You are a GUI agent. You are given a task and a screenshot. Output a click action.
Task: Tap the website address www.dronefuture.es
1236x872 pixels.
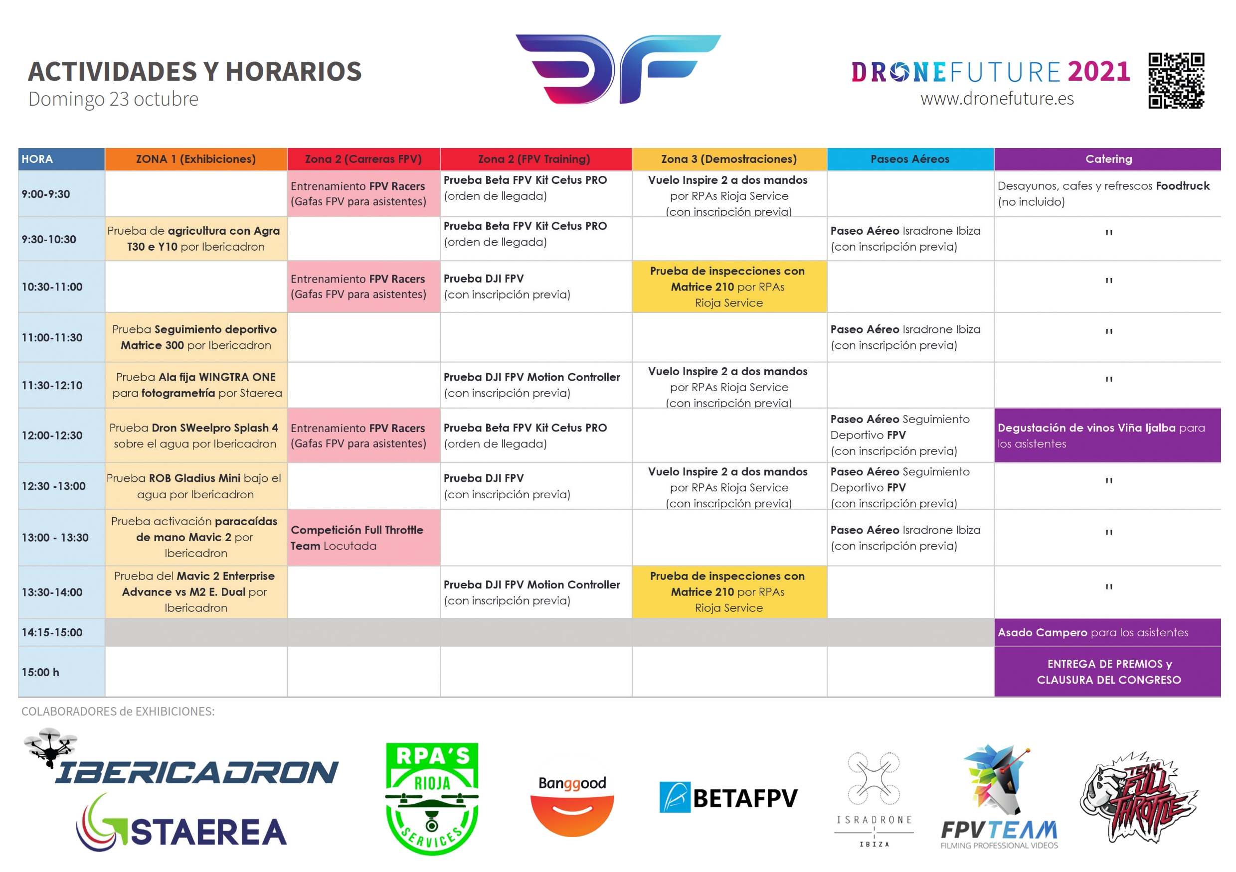coord(997,99)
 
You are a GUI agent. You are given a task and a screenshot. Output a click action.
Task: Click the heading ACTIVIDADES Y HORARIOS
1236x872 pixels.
coord(195,71)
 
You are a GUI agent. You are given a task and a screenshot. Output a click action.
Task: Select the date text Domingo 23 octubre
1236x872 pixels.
coord(114,99)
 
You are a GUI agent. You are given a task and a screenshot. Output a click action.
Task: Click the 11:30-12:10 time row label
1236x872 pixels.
coord(52,385)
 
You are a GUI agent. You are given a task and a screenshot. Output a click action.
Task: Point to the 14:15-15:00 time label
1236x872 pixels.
coord(52,633)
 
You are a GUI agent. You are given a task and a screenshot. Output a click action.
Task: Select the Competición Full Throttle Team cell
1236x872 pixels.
coord(363,538)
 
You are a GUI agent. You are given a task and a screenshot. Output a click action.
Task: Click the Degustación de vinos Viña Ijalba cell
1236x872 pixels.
coord(1108,436)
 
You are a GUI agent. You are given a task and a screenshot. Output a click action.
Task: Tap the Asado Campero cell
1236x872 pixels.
coord(1108,633)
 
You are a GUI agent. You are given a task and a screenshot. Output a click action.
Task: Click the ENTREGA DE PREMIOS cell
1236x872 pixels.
coord(1108,672)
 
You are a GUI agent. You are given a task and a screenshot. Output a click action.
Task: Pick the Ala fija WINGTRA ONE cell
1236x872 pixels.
coord(196,385)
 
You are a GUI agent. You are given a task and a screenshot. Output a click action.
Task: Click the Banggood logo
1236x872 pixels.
coord(572,805)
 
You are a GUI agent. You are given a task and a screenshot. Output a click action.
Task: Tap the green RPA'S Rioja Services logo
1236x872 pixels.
coord(432,799)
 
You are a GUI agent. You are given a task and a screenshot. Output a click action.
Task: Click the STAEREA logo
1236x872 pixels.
coord(181,823)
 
